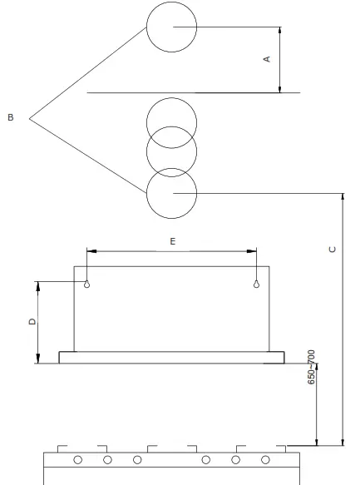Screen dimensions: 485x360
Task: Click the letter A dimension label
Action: click(266, 59)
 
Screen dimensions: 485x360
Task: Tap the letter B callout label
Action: click(10, 118)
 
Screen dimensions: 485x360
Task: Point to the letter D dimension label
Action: click(32, 321)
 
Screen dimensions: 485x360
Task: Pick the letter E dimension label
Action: click(171, 240)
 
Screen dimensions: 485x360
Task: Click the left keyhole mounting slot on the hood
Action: click(86, 283)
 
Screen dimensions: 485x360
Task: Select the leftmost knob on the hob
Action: click(77, 459)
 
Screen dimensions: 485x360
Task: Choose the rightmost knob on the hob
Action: click(265, 459)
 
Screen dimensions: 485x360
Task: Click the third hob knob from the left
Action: click(137, 459)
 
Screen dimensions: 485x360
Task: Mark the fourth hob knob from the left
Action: click(205, 459)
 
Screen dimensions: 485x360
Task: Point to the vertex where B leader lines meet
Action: click(30, 118)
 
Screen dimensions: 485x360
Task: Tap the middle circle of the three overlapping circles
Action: click(171, 151)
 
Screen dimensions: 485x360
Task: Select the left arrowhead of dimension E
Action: click(90, 250)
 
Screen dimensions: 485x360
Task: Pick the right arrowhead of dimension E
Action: click(253, 250)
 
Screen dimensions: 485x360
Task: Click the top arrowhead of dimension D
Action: click(37, 284)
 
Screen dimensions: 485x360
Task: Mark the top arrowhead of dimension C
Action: click(343, 196)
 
